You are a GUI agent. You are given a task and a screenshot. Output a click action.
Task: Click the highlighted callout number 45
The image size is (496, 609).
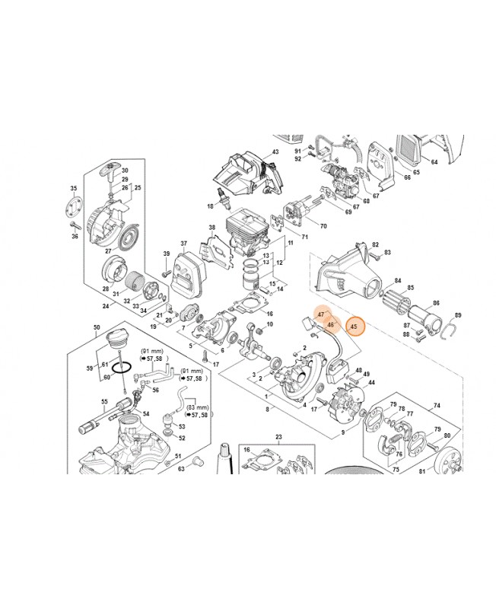(x=354, y=327)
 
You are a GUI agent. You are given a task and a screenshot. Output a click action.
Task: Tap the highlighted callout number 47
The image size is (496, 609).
(x=321, y=314)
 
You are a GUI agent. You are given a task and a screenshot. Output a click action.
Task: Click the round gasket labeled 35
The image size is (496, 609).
(x=74, y=207)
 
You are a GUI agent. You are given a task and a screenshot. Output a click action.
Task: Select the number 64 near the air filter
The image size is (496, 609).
(x=434, y=161)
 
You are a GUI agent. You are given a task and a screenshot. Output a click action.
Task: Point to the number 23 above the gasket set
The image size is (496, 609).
(x=278, y=437)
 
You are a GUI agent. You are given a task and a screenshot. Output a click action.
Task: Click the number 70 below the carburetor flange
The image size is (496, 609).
(x=323, y=226)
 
